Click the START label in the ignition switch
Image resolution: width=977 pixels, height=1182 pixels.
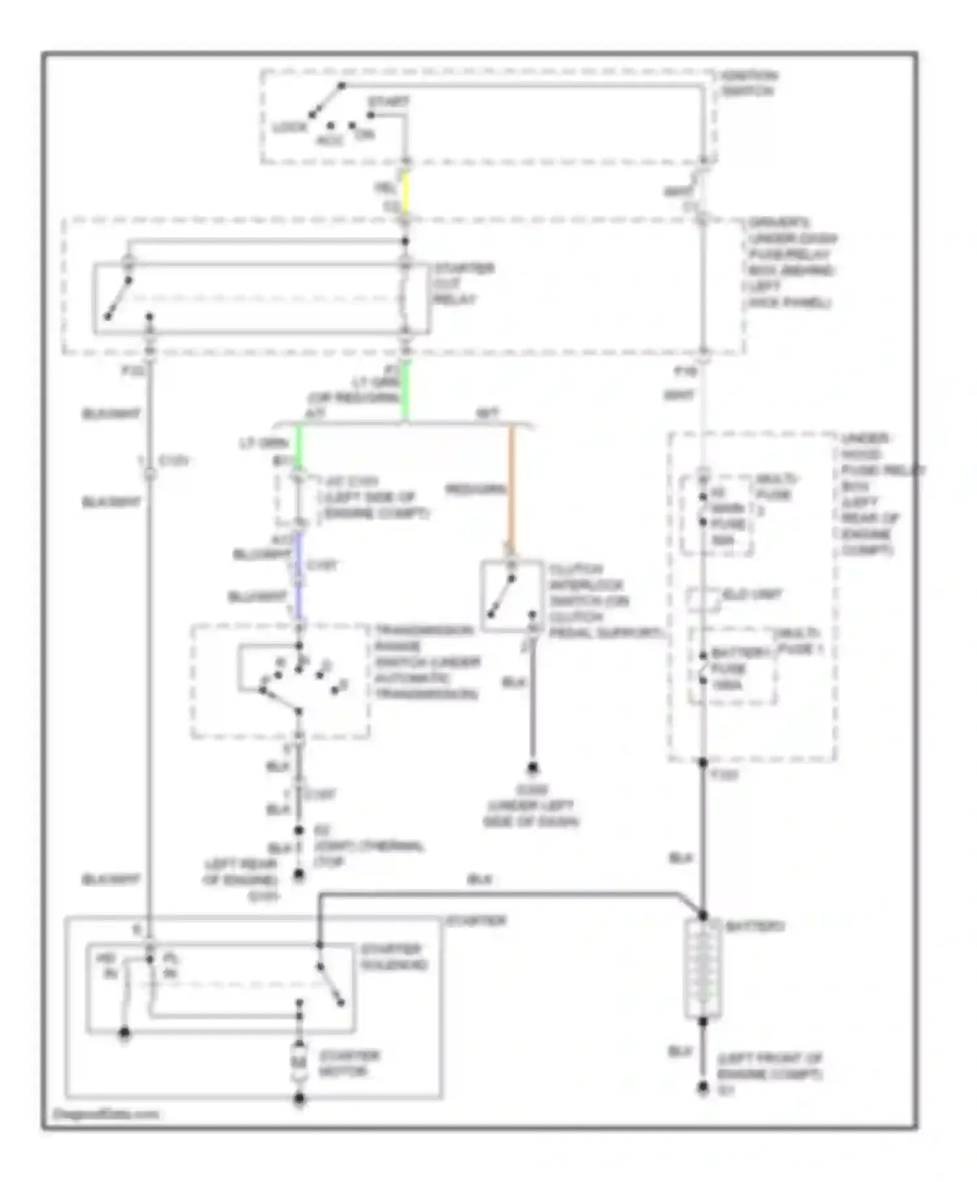[x=388, y=102]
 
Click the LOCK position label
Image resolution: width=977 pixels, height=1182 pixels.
[x=289, y=127]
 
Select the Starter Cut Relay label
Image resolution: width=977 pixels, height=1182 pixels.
[x=463, y=284]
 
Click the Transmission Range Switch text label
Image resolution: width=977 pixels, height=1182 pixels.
[x=427, y=662]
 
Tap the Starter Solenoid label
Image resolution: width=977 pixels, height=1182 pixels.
[x=393, y=957]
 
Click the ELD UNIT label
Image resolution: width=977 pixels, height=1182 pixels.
[x=752, y=595]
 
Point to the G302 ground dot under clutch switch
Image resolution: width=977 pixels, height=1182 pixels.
[x=533, y=768]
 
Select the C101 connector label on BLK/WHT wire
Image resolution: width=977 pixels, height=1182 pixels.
[x=173, y=461]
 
